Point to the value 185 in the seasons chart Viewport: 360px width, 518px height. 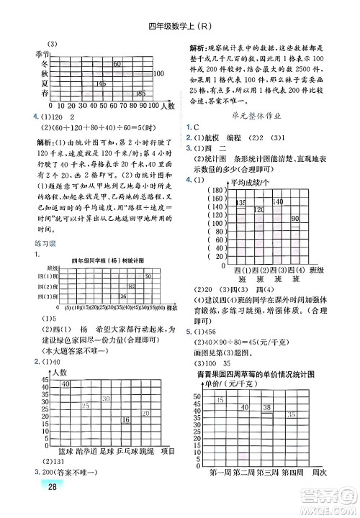tap(140, 94)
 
